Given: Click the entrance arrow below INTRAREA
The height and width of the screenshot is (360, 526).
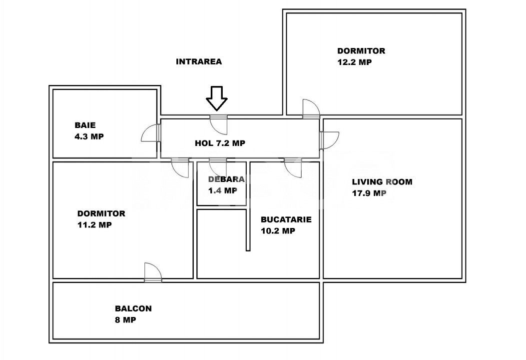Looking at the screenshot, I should pos(217,98).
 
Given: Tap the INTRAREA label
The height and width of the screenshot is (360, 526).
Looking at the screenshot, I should pos(199,62).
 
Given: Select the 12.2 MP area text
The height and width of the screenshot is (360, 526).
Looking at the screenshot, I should pos(354,62).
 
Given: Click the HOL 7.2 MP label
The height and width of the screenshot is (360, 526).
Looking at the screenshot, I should pos(220,143).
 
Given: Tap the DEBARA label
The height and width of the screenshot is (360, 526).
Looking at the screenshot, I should pos(226,179).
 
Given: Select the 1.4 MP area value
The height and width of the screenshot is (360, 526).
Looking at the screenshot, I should pos(222,190).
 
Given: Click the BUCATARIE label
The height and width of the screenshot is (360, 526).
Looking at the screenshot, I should pos(286,219).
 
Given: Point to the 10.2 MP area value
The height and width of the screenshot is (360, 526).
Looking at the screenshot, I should pos(278,230).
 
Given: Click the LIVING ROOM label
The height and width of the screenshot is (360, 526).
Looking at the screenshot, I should pos(382,182).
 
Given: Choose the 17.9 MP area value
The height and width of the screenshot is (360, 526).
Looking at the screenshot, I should pos(369,193).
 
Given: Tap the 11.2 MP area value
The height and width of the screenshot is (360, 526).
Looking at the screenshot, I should pos(94,224).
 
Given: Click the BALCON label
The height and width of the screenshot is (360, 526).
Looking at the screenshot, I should pos(133,308).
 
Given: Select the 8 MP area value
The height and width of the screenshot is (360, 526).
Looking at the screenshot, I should pos(125,319).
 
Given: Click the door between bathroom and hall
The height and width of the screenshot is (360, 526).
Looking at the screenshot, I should pos(151,133).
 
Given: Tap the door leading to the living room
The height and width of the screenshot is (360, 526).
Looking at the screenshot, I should pos(330,140).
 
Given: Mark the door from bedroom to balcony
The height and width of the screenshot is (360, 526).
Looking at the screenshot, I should pos(153,272).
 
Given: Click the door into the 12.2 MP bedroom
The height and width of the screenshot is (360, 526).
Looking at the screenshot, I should pos(310,108).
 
